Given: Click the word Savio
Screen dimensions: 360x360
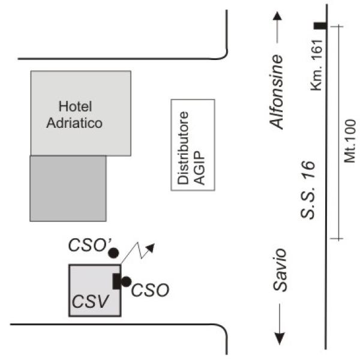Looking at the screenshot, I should [278, 270].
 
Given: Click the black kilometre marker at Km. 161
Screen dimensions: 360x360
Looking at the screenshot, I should [320, 26].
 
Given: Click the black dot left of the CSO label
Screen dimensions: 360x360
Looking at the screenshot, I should [126, 281].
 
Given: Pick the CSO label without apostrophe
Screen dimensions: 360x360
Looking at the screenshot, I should [149, 290].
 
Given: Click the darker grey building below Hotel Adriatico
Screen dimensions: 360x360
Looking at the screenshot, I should [68, 188].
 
